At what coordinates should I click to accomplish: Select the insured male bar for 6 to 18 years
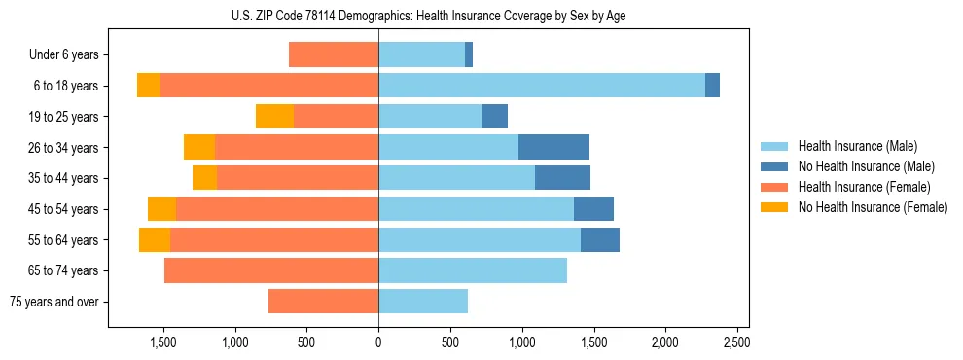541,86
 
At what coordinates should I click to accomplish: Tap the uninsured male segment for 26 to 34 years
553,147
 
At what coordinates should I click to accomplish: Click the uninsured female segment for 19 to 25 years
274,117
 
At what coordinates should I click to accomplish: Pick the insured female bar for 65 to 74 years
271,270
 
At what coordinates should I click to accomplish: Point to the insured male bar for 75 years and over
423,302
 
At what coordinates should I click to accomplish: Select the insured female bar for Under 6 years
334,55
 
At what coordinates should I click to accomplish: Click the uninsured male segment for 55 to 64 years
600,240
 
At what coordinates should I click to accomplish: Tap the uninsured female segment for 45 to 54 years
161,209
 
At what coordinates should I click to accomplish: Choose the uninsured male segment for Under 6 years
469,55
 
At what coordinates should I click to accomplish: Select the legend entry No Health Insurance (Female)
873,207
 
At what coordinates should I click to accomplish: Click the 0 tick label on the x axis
378,342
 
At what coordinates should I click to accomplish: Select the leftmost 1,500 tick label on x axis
162,342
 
